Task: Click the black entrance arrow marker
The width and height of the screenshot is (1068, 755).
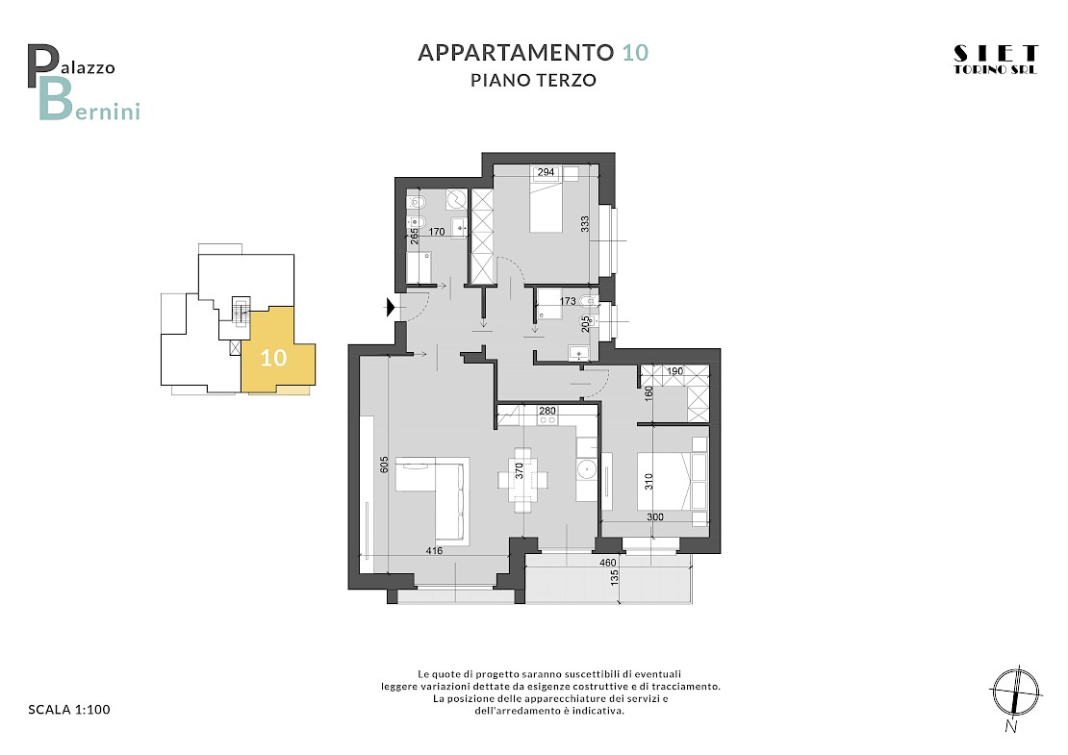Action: [391, 308]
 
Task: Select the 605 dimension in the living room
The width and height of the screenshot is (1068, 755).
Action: [384, 465]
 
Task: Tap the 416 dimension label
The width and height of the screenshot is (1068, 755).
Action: [434, 551]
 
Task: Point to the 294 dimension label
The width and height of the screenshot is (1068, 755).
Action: [546, 172]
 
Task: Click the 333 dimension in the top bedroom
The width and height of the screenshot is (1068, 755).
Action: [584, 225]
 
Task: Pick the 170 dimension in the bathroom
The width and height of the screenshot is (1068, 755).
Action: [437, 232]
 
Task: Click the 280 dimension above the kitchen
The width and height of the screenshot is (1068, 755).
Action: [547, 411]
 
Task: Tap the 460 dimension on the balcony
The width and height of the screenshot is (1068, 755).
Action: [607, 563]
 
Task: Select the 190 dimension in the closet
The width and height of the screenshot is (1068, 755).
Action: [674, 371]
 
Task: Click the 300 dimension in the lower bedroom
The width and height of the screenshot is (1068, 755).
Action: [654, 516]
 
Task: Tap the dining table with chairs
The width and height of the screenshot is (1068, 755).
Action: [522, 480]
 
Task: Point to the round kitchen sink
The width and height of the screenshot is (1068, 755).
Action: [586, 469]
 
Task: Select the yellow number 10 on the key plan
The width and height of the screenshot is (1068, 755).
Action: [274, 358]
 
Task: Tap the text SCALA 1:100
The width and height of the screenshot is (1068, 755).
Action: [68, 710]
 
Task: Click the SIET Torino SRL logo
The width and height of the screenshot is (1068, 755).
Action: [995, 60]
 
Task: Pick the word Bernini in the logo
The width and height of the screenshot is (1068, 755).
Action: [89, 101]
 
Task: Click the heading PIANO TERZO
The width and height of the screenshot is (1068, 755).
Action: [533, 81]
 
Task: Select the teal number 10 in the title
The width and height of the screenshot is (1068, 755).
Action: [635, 53]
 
